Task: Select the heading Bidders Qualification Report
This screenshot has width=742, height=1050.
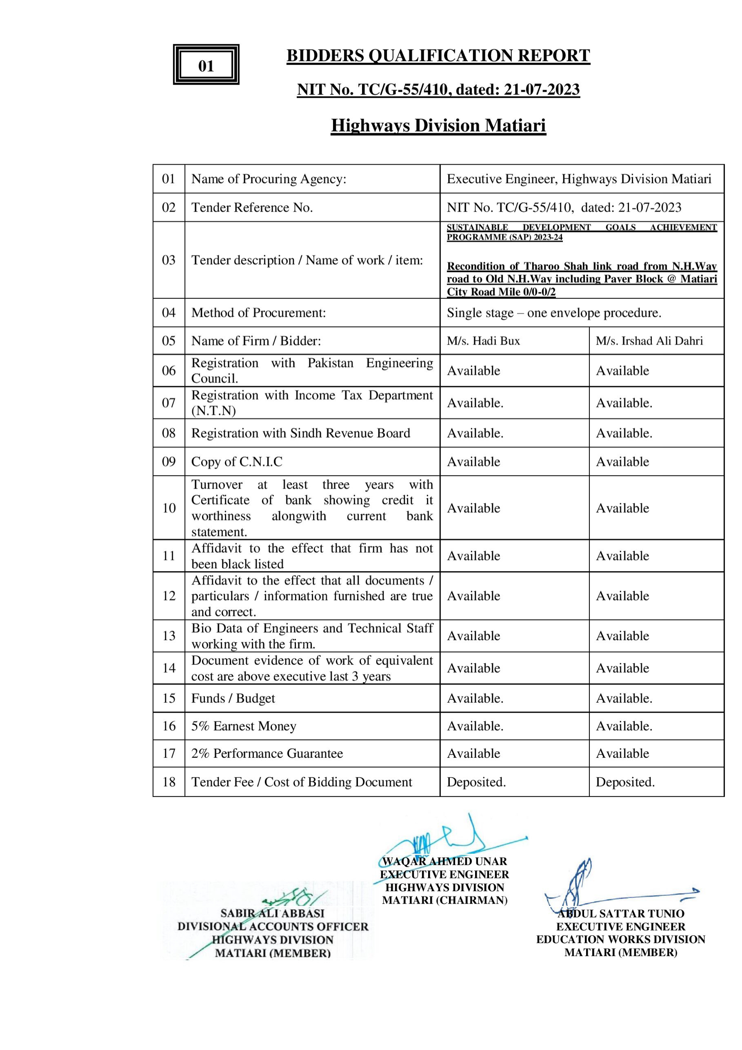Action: [x=438, y=56]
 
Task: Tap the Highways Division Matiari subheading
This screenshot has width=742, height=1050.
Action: [x=438, y=125]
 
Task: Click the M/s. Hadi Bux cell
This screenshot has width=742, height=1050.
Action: [x=483, y=341]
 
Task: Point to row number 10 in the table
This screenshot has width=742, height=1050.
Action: [x=169, y=508]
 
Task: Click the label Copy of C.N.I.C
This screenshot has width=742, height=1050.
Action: [x=237, y=461]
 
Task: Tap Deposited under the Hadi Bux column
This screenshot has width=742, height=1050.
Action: [x=476, y=781]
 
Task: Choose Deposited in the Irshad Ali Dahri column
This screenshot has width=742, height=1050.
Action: [x=625, y=781]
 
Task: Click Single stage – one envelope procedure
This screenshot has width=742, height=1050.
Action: [x=554, y=313]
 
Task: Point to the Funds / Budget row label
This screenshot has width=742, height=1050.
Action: [x=233, y=698]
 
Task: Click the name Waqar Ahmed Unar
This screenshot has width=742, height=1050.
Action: [x=444, y=861]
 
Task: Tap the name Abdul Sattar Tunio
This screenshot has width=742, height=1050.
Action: [x=620, y=914]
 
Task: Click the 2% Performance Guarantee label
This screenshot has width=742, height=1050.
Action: [x=267, y=753]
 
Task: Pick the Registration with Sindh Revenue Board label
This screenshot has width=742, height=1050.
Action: [x=301, y=433]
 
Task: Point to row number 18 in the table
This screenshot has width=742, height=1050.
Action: [x=169, y=781]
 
